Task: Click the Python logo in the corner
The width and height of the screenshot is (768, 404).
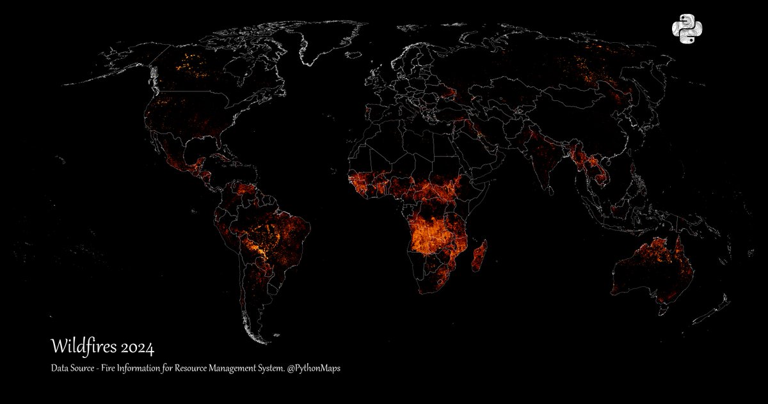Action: [687, 29]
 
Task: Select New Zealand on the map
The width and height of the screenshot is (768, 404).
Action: [714, 307]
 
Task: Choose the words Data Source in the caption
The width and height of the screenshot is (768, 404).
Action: [72, 369]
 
